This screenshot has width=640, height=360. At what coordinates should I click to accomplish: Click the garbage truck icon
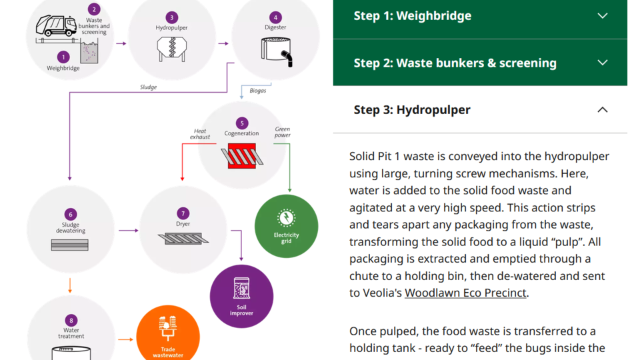pyautogui.click(x=56, y=26)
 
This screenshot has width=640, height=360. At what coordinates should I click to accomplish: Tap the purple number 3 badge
pyautogui.click(x=172, y=17)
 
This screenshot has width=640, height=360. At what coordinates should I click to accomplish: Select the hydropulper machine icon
pyautogui.click(x=172, y=49)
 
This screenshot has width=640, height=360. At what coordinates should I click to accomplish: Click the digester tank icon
pyautogui.click(x=277, y=52)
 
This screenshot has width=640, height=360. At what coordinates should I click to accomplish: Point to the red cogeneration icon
pyautogui.click(x=242, y=155)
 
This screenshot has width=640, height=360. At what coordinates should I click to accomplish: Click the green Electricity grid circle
pyautogui.click(x=286, y=226)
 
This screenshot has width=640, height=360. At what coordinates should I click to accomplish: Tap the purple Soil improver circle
pyautogui.click(x=241, y=296)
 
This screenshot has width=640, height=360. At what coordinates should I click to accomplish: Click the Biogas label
pyautogui.click(x=257, y=91)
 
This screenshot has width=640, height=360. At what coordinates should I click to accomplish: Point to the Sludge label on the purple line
pyautogui.click(x=148, y=87)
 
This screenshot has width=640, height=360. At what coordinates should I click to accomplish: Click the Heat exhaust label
pyautogui.click(x=200, y=134)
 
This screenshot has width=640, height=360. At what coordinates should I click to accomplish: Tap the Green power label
pyautogui.click(x=283, y=132)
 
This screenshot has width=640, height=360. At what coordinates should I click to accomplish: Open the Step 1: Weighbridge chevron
pyautogui.click(x=603, y=16)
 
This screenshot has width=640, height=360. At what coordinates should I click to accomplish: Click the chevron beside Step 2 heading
pyautogui.click(x=603, y=63)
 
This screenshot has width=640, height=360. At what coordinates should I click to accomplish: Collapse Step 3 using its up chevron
pyautogui.click(x=603, y=110)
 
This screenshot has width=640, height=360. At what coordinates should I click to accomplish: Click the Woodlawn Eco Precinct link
pyautogui.click(x=465, y=293)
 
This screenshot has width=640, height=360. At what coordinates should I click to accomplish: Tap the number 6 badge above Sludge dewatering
pyautogui.click(x=71, y=214)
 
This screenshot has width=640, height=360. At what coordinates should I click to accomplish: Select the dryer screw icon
pyautogui.click(x=183, y=239)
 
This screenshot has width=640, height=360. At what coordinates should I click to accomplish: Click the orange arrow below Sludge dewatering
pyautogui.click(x=70, y=285)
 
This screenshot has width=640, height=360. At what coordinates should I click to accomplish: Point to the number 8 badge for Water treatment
pyautogui.click(x=71, y=321)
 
